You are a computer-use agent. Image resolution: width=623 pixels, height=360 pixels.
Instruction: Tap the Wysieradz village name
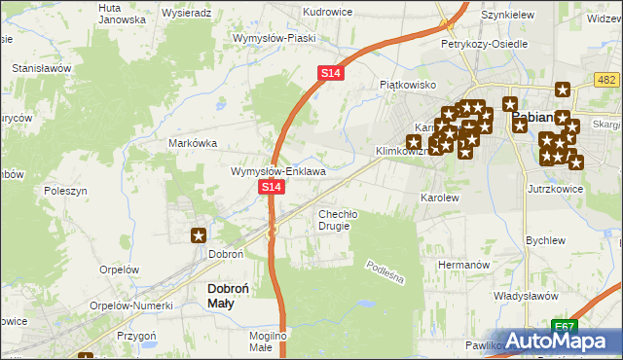[188, 14]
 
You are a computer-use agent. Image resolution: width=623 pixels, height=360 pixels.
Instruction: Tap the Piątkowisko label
[407, 85]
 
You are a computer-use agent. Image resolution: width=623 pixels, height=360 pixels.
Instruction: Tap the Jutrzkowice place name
[556, 189]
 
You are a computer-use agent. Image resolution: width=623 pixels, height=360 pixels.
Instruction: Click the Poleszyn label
[65, 192]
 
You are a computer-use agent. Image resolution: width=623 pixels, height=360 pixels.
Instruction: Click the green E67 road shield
[563, 326]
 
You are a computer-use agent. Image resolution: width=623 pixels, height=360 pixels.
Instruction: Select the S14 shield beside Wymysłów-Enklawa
[272, 187]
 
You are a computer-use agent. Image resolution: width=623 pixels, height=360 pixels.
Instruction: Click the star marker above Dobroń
[199, 234]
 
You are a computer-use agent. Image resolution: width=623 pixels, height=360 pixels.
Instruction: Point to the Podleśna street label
[385, 271]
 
